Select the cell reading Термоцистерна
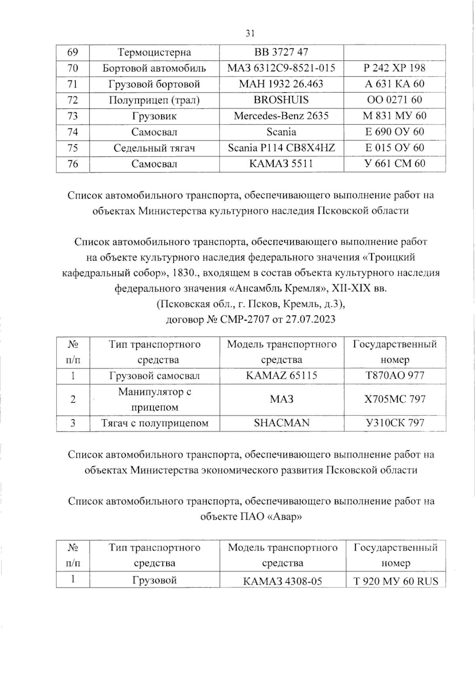coord(154,52)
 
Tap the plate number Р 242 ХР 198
coord(394,68)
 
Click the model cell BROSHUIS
coord(281,100)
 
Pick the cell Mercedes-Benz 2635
coord(281,116)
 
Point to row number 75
coord(73,148)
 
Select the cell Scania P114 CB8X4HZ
coord(281,148)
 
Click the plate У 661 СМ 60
coord(394,164)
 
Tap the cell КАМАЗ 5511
coord(281,164)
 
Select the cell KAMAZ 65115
coord(281,376)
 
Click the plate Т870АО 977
coord(394,376)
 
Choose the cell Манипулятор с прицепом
coord(154,400)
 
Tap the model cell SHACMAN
coord(281,423)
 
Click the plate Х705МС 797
coord(394,400)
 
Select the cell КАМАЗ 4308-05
coord(282,581)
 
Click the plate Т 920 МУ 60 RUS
coord(395,581)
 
